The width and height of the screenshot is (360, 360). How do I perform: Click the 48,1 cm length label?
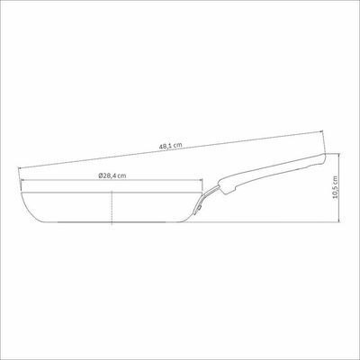[170, 147]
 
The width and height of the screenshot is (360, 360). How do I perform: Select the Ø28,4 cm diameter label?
[112, 176]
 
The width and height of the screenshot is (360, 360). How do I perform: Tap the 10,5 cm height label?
[336, 187]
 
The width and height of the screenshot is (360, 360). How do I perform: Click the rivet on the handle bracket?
[200, 207]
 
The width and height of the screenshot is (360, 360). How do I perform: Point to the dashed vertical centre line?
[112, 207]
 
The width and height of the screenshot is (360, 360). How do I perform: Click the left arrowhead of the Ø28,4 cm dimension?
[22, 180]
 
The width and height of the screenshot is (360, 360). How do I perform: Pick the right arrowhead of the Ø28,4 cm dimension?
[201, 180]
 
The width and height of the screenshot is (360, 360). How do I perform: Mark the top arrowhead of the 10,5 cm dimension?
[338, 155]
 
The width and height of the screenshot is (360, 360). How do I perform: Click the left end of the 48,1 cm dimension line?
[18, 168]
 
